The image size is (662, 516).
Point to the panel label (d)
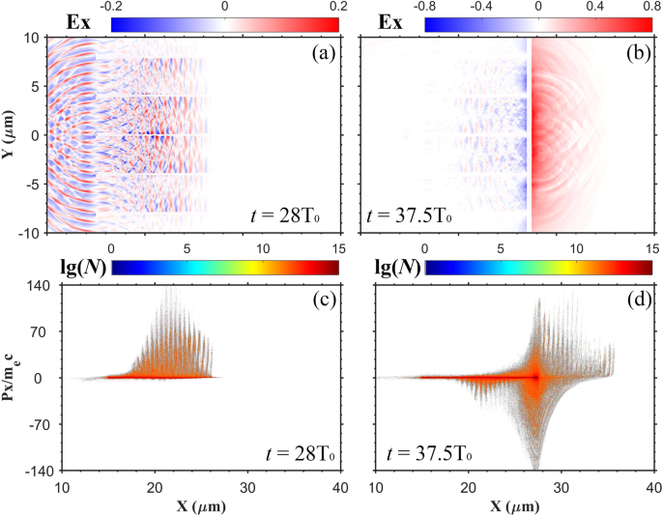(x=636, y=300)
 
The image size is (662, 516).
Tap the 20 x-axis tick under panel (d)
(x=469, y=487)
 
